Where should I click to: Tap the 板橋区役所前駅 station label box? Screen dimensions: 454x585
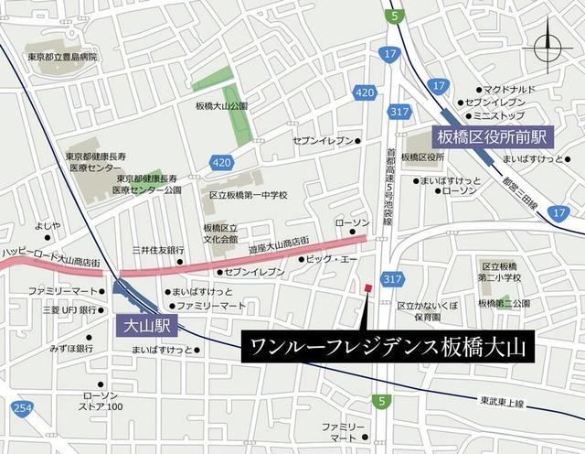coord(491,136)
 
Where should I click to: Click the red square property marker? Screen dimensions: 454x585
coord(367,288)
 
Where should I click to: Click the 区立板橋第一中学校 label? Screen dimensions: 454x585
coord(248,195)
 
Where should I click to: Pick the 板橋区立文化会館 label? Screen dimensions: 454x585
coord(220,232)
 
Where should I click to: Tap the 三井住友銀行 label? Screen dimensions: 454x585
coord(157,250)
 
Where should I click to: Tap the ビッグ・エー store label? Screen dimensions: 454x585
coord(335,260)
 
